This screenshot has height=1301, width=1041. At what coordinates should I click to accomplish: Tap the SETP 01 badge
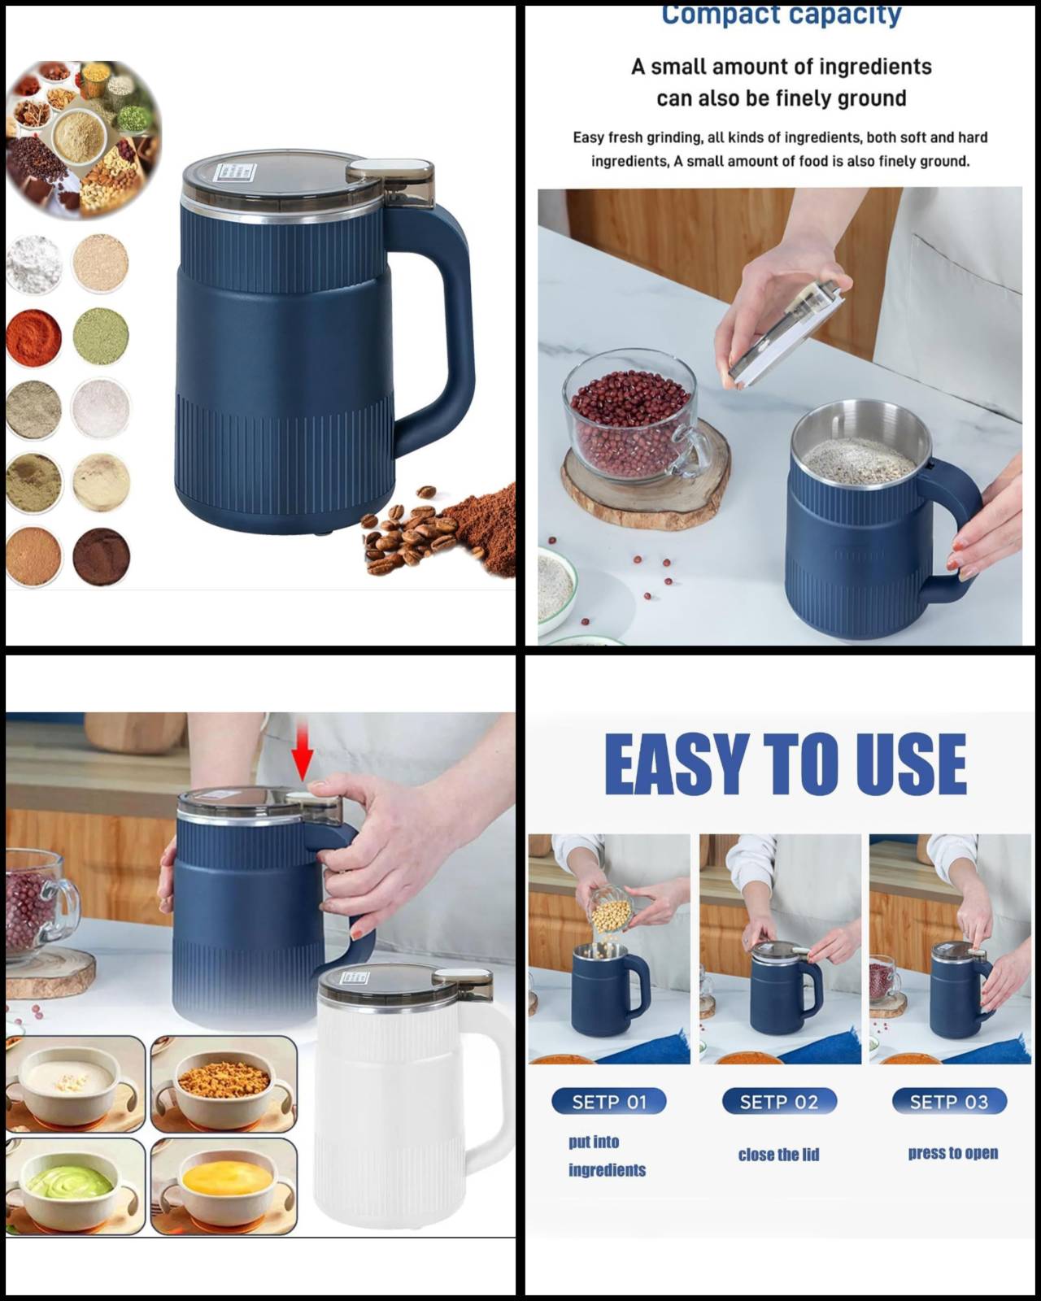pos(608,1102)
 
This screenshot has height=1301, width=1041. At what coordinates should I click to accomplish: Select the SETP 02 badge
pos(778,1102)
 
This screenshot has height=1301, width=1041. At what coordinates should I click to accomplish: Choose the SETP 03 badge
pos(948,1102)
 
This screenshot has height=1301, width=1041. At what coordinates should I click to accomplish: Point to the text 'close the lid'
pos(778,1155)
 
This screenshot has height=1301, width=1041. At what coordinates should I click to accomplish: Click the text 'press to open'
pos(952,1153)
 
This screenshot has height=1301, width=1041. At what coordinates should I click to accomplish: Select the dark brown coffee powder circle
pos(101,557)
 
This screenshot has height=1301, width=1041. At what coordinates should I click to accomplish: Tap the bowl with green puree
pos(75,1186)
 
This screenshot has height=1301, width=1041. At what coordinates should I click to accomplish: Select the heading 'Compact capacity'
pos(781,15)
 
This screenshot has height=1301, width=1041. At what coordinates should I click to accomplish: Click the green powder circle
pos(101,336)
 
